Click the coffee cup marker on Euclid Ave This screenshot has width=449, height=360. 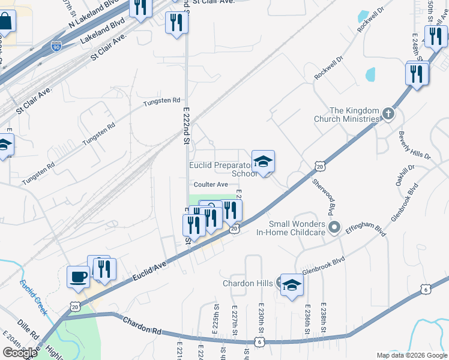coord(78,277)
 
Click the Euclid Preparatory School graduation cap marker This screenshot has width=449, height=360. coord(263,161)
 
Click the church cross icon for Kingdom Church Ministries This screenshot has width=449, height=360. coord(388,113)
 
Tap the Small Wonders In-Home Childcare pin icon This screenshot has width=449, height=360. coord(334,227)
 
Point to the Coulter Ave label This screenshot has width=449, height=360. coord(210,184)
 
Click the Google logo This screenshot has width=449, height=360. coord(20,352)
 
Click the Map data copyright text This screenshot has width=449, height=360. coord(412,355)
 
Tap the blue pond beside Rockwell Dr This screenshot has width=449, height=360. coord(370,74)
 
